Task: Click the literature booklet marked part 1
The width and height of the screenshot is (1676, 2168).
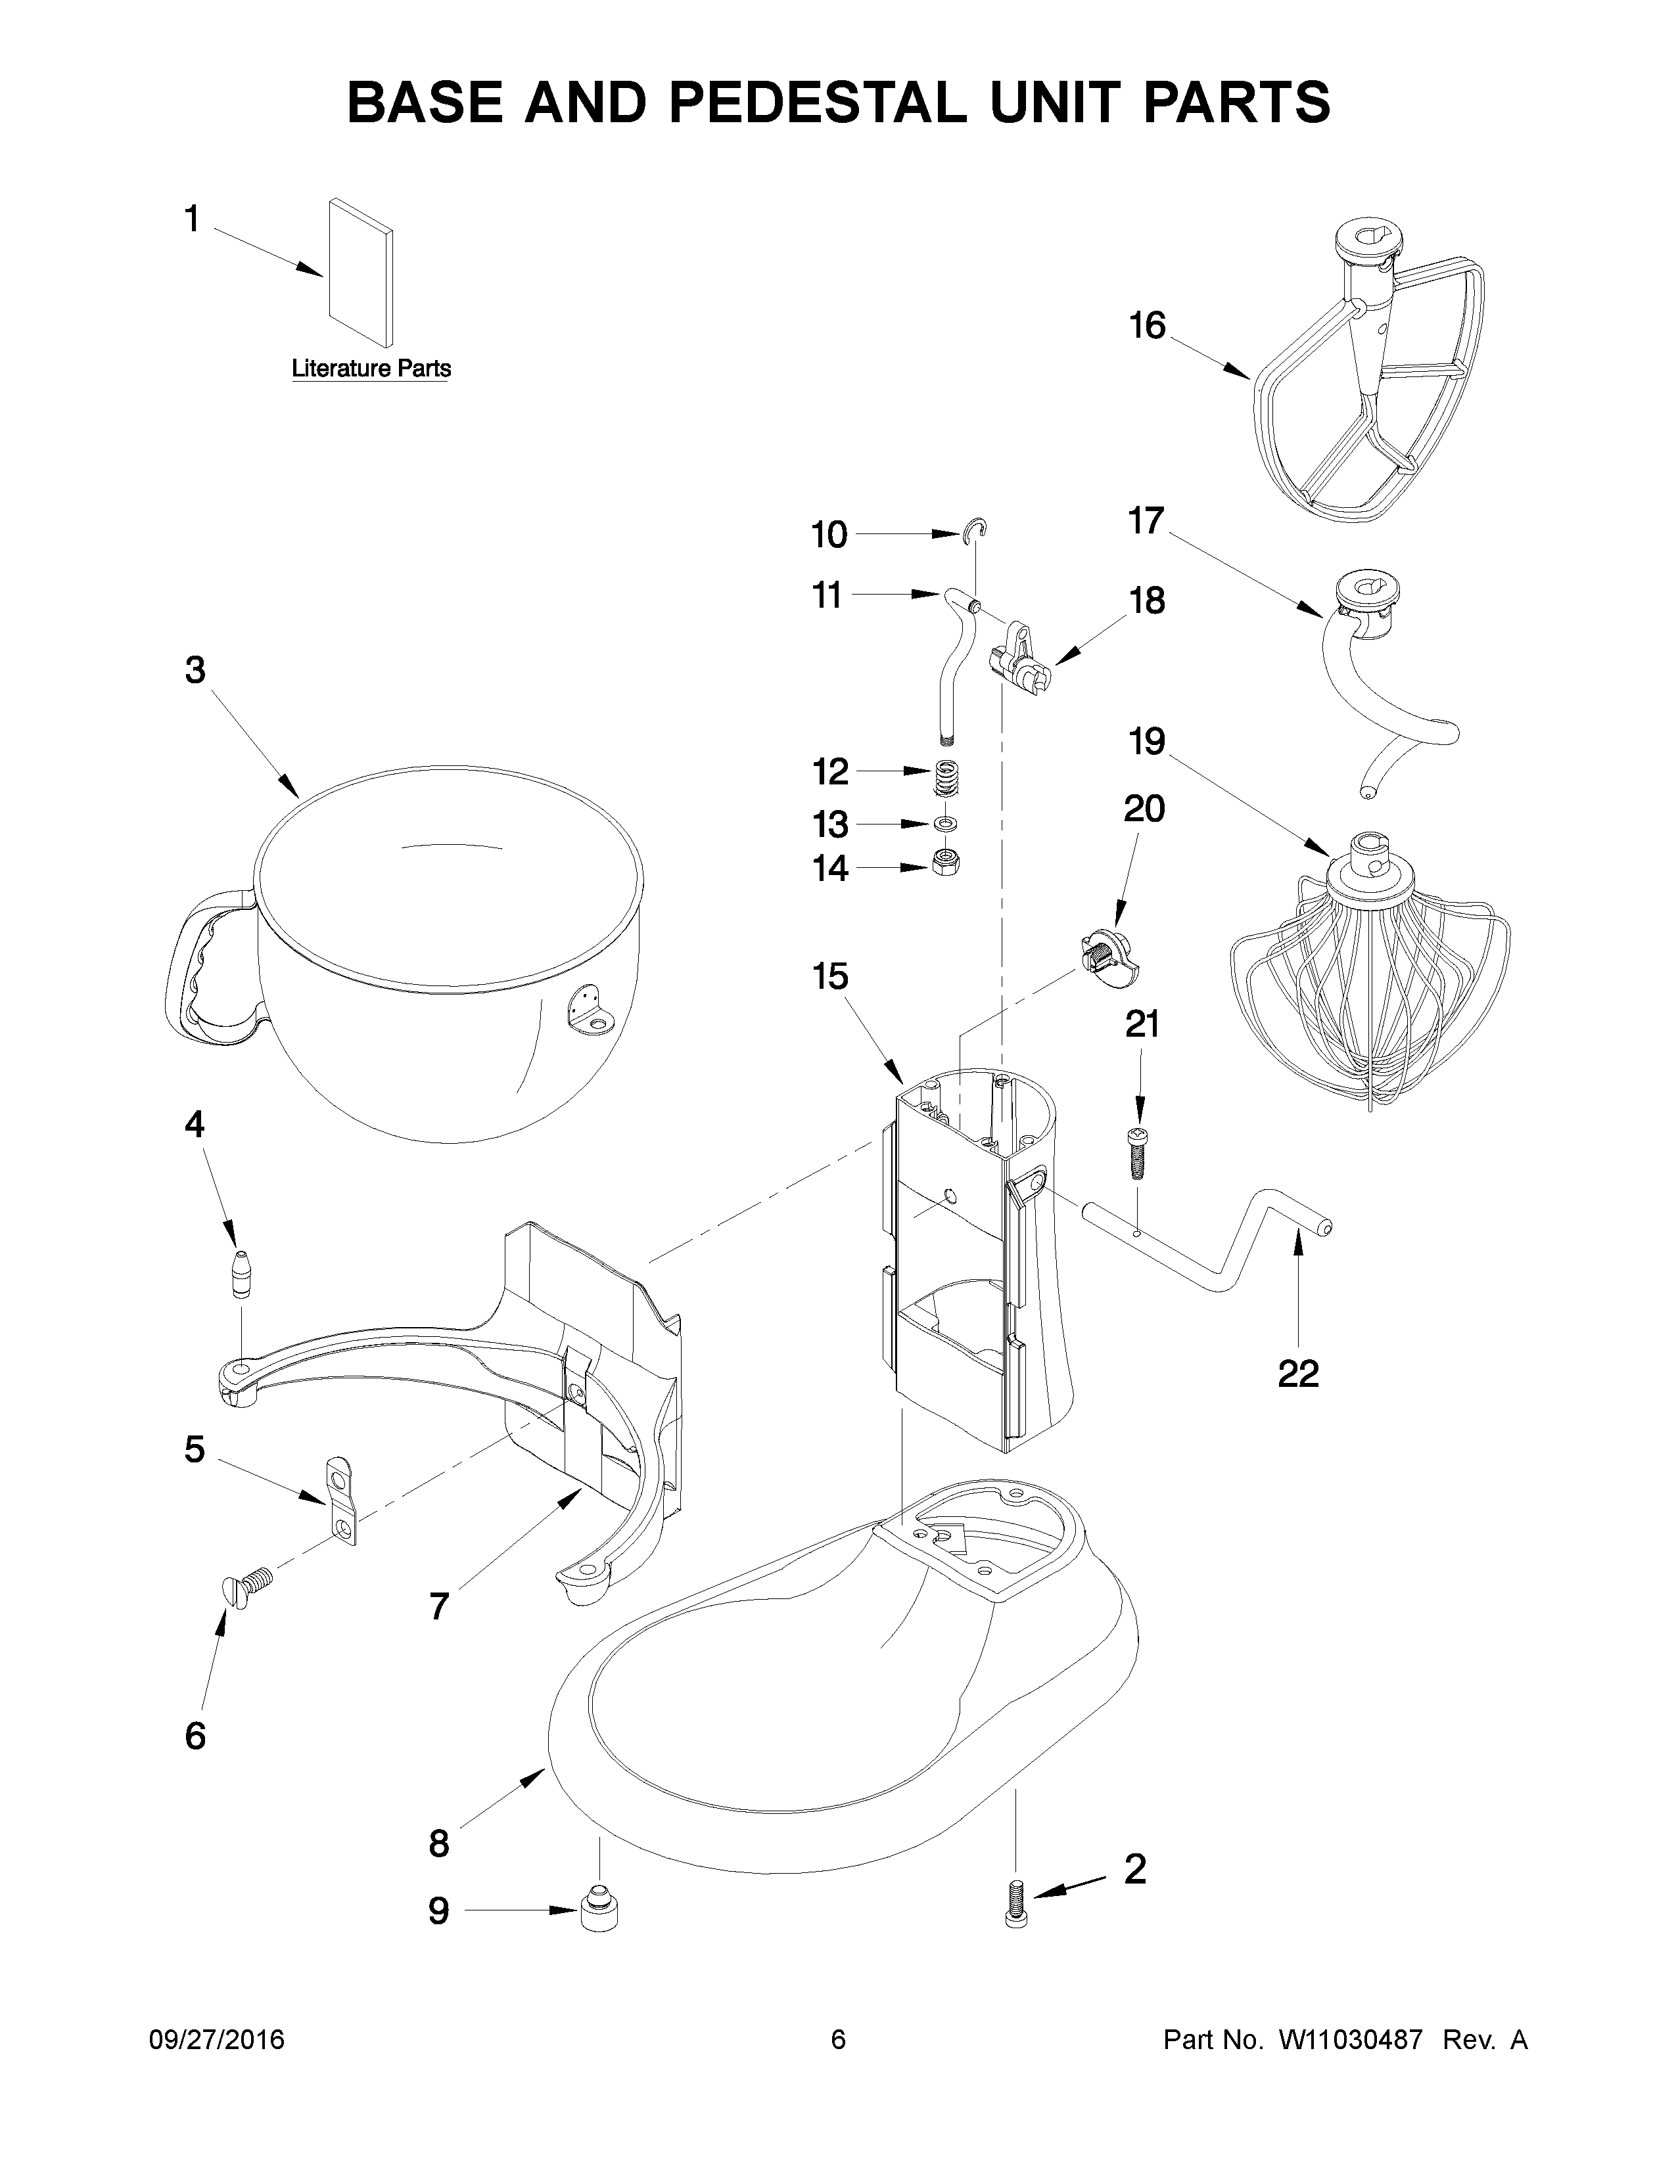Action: pyautogui.click(x=360, y=270)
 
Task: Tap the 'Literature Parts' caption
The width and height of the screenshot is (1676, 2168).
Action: pyautogui.click(x=370, y=369)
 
